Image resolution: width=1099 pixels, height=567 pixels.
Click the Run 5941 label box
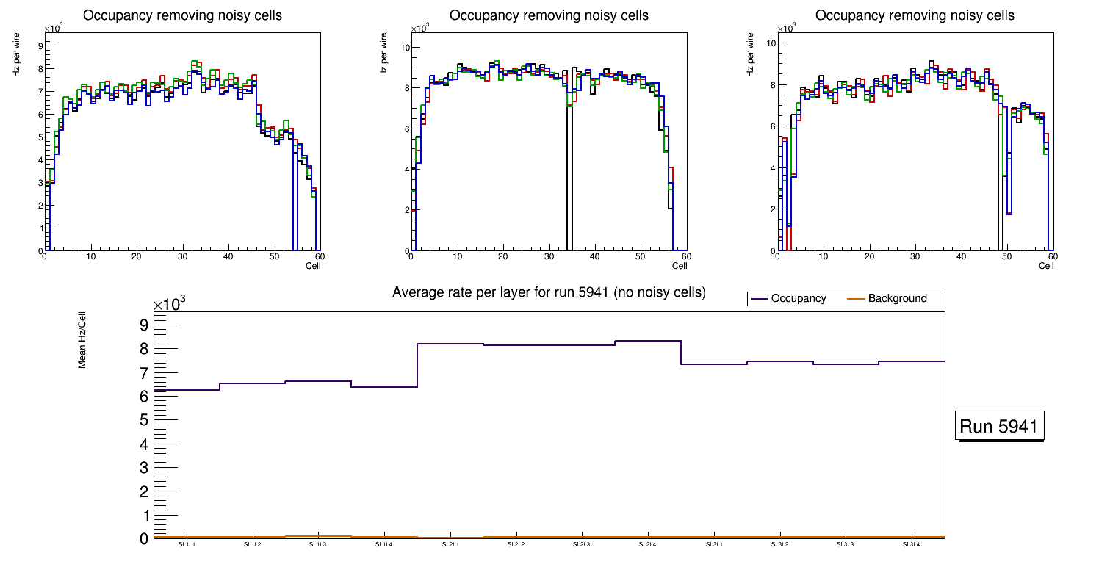pos(999,427)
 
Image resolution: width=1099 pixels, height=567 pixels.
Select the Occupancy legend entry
pos(798,299)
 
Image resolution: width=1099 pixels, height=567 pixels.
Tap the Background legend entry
pos(897,299)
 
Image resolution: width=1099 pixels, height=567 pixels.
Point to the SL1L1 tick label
pos(187,545)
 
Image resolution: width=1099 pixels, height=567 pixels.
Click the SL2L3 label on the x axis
pos(582,545)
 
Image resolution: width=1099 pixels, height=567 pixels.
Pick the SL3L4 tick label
pos(911,545)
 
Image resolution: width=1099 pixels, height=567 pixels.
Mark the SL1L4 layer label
pos(384,545)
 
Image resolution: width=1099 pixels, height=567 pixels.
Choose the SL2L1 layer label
pos(450,545)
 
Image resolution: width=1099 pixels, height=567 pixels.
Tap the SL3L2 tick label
pos(779,545)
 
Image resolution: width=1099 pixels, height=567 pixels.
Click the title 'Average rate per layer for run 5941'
pos(549,292)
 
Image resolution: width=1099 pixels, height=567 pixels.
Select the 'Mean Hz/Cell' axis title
pos(83,345)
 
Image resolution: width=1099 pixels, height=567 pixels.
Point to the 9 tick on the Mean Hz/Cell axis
pos(144,325)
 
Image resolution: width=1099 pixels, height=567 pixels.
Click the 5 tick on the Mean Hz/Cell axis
pos(144,420)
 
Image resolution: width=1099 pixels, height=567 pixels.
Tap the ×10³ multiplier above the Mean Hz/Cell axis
pos(168,306)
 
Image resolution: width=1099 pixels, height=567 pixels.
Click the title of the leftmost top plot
pos(182,15)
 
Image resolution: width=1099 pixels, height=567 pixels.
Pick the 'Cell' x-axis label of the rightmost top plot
pos(1046,266)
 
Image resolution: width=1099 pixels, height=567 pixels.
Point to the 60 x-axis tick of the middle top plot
pos(685,256)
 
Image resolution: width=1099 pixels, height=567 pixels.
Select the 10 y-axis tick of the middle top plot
pos(404,48)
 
